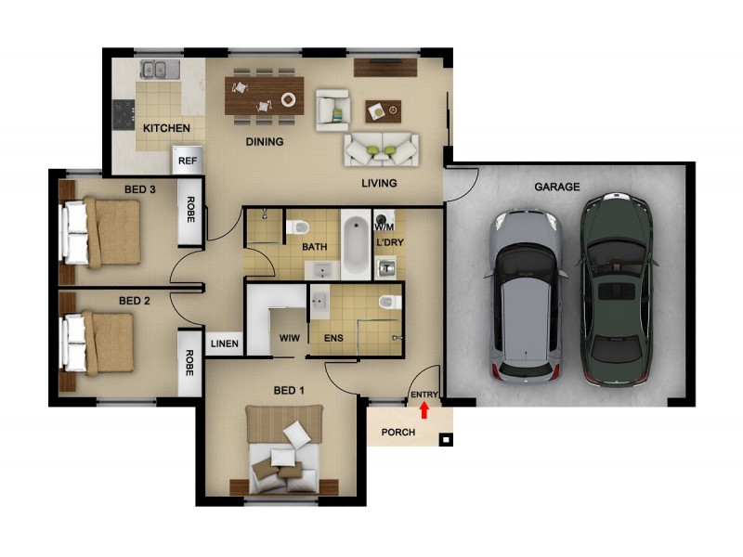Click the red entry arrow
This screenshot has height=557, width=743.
[424, 408]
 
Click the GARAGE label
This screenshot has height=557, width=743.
[556, 187]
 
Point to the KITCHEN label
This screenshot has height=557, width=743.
[166, 128]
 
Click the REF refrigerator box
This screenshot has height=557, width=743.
[188, 161]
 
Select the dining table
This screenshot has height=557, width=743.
[264, 94]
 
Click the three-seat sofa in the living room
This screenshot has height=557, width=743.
[381, 149]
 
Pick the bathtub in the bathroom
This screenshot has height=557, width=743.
[354, 245]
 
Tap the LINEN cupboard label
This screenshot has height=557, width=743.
[224, 344]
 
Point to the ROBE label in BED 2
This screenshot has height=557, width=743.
[189, 361]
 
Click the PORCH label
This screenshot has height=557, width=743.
[398, 433]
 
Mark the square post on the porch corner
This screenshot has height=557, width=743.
[447, 440]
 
